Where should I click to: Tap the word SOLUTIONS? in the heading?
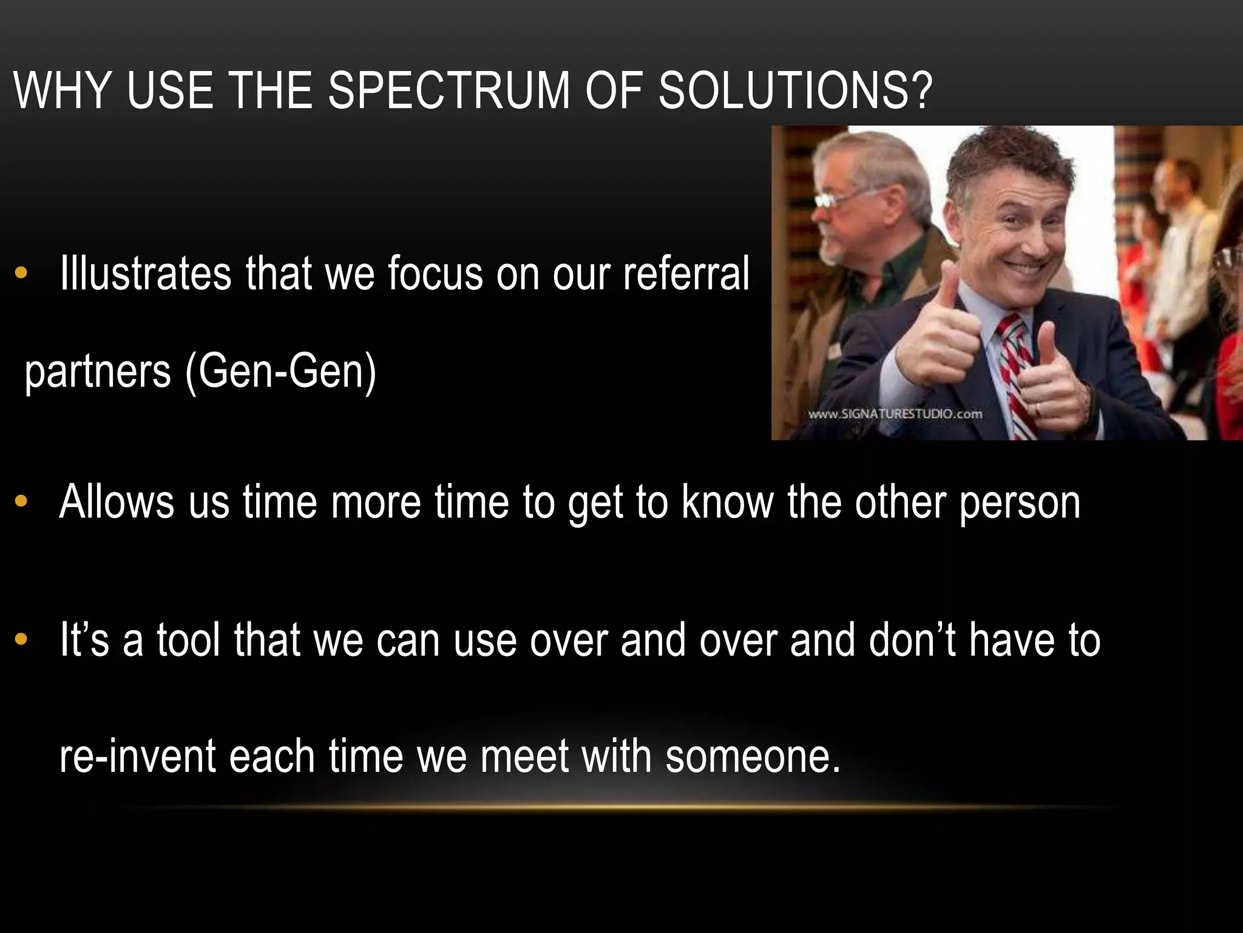pyautogui.click(x=795, y=91)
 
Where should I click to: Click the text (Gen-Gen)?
pyautogui.click(x=281, y=371)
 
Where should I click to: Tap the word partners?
pyautogui.click(x=98, y=372)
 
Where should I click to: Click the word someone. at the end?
pyautogui.click(x=753, y=757)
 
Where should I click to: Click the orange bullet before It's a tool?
pyautogui.click(x=21, y=640)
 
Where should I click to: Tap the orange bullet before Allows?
pyautogui.click(x=21, y=502)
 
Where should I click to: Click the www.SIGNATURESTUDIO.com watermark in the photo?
pyautogui.click(x=895, y=414)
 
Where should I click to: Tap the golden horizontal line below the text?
pyautogui.click(x=619, y=807)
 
